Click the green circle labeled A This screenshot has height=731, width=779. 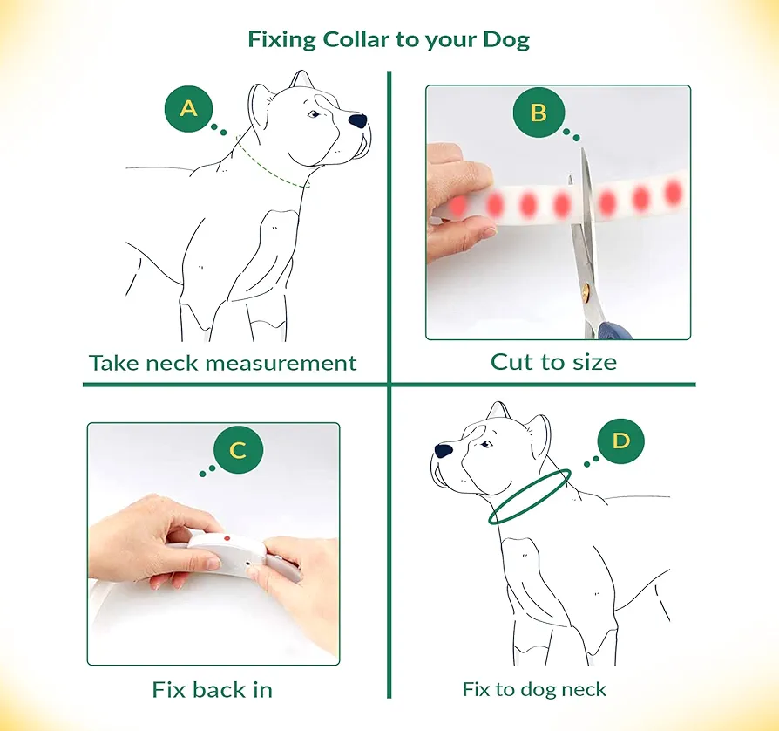188,108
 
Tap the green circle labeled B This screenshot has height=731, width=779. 539,113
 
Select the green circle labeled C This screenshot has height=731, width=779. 238,450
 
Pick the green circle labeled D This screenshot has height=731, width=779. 621,441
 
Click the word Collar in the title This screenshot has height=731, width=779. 356,39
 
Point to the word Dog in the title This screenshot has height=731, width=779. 506,40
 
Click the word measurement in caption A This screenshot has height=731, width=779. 281,364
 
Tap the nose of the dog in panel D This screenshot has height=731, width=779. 444,450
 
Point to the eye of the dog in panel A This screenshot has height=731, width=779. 314,114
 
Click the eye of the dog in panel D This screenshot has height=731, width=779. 487,444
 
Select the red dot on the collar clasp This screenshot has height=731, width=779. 227,538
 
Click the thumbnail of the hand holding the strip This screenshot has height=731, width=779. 488,232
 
